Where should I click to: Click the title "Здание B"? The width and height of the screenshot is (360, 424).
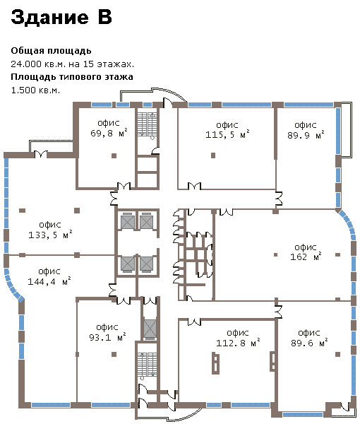coord(61,17)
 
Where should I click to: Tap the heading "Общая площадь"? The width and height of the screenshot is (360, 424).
coord(51,51)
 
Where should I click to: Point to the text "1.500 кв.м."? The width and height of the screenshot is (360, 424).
coord(35,90)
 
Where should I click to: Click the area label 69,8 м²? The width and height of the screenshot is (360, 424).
coord(109,128)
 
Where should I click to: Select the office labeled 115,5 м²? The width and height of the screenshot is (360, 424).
coord(227,129)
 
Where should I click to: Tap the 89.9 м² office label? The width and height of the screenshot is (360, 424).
coord(306,130)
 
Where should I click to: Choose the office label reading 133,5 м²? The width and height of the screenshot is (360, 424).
coord(50,230)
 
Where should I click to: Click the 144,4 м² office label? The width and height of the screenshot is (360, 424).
coord(49,276)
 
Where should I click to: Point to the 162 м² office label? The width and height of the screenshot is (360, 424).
coord(306,252)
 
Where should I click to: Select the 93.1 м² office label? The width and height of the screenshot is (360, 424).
coord(107,332)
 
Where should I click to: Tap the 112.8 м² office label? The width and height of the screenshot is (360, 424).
coord(238,338)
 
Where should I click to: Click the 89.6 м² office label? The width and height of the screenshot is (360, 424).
coord(309,338)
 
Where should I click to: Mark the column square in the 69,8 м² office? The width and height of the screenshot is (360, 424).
coord(114,155)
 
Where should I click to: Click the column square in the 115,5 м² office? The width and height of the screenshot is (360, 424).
coord(213,155)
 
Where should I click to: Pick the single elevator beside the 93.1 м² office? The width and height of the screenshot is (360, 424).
coord(150,329)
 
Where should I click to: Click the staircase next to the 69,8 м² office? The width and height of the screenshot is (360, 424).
coord(147,124)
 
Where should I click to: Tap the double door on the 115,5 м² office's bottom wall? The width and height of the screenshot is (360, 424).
coord(194,186)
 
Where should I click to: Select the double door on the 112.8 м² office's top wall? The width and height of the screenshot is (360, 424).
coord(194,322)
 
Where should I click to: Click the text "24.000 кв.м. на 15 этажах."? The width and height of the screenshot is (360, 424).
coord(73,64)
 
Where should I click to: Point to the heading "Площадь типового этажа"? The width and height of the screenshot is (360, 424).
coord(72,77)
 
